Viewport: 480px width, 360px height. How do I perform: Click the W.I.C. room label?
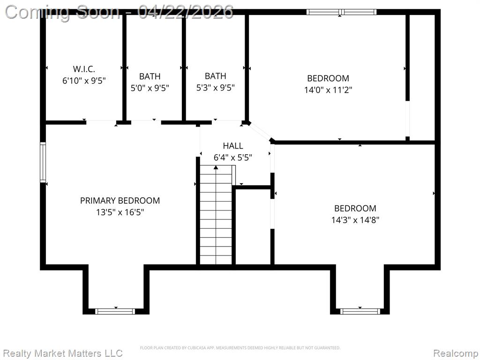[x=84, y=69]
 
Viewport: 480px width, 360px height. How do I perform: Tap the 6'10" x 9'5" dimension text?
[x=84, y=81]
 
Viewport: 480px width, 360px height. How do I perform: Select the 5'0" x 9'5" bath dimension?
[x=150, y=88]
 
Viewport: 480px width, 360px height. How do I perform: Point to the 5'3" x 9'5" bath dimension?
[x=215, y=88]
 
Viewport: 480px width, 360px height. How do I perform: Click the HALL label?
[x=233, y=146]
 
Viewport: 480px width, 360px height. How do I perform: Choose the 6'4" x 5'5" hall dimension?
[x=232, y=157]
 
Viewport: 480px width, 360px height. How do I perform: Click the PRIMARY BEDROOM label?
[x=120, y=201]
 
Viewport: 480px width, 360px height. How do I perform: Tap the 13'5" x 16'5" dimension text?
[x=120, y=212]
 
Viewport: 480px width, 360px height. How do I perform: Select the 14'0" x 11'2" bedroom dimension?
[x=328, y=90]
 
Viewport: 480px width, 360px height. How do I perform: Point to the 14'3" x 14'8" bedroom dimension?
[x=355, y=220]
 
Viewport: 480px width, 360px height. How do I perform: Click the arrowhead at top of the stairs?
[x=216, y=167]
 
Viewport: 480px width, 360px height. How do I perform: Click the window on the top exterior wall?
[x=341, y=12]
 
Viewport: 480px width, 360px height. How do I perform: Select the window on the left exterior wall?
[x=43, y=162]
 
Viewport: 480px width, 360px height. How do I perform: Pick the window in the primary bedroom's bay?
[x=115, y=311]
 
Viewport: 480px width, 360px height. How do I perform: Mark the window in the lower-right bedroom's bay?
[x=360, y=311]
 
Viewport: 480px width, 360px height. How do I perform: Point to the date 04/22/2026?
[x=186, y=12]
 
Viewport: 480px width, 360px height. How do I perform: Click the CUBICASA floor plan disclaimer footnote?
[x=240, y=348]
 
